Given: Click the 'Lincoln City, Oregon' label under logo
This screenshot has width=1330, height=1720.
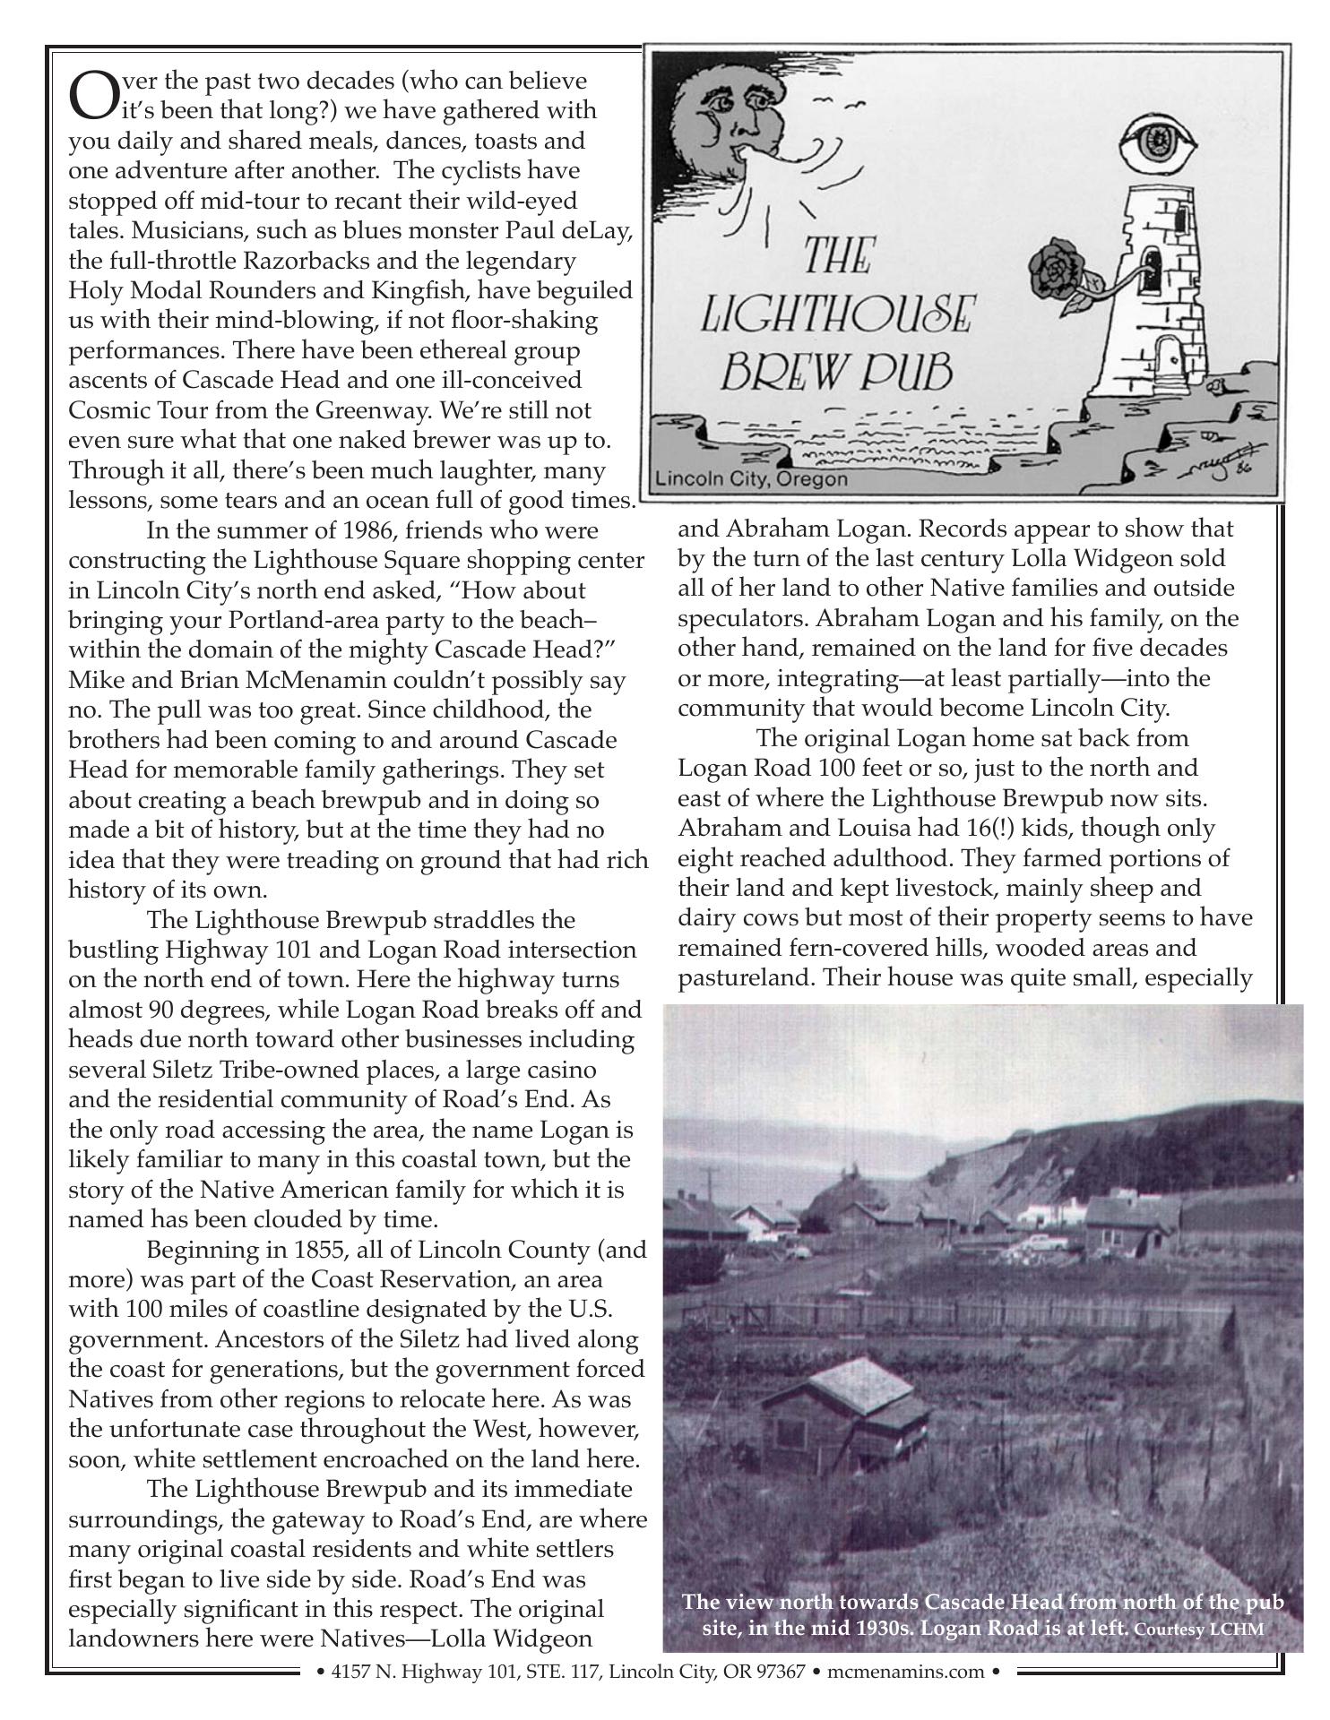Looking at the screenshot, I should point(751,479).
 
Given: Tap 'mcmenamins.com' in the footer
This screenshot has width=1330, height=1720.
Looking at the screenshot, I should point(918,1672).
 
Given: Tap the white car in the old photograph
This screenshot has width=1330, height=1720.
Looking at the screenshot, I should point(1049,1243).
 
